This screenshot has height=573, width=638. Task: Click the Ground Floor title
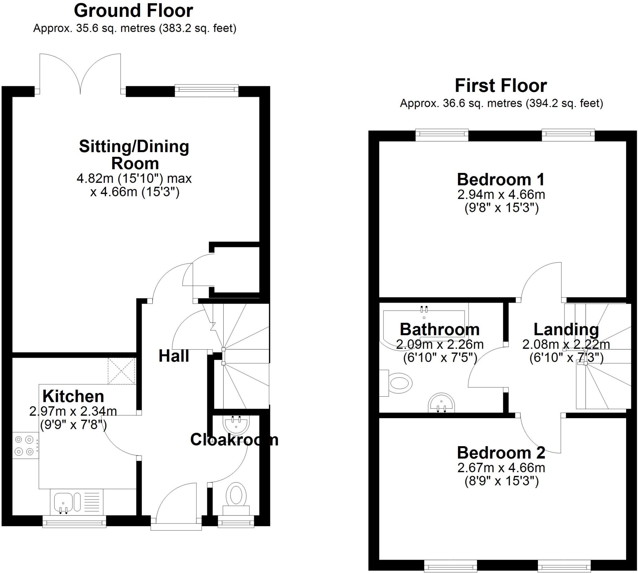(x=133, y=11)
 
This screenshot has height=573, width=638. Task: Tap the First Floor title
(x=501, y=86)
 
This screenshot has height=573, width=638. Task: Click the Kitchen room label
(x=73, y=396)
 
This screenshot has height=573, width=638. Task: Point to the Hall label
(x=174, y=356)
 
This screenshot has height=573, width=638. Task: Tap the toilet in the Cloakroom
(x=236, y=497)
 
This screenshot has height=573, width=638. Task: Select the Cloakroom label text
(x=234, y=440)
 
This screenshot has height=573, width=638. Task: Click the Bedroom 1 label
(x=501, y=179)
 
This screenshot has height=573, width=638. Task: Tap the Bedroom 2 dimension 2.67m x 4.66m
(x=501, y=468)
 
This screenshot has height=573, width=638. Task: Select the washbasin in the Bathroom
(x=441, y=403)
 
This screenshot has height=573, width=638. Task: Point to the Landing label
(x=566, y=330)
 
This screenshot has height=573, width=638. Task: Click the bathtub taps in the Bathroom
(x=424, y=309)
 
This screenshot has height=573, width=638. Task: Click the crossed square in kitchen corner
(x=121, y=371)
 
